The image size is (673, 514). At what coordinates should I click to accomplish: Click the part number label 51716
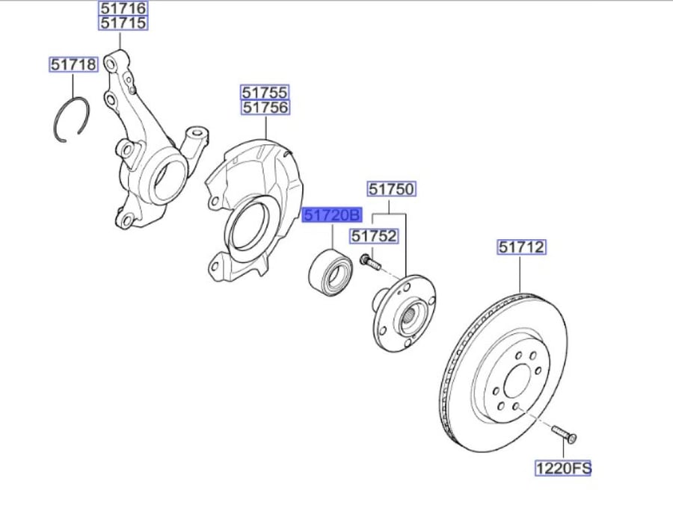tap(123, 7)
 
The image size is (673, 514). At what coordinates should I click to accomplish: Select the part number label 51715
tap(123, 22)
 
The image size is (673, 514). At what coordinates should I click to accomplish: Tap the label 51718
tap(73, 65)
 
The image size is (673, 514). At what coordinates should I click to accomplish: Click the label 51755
tap(265, 92)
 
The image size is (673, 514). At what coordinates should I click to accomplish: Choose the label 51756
tap(265, 107)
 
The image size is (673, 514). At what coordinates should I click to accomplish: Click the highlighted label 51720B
tap(332, 214)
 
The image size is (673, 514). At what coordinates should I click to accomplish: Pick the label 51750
tap(391, 188)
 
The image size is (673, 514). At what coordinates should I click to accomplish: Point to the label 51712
tap(521, 247)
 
